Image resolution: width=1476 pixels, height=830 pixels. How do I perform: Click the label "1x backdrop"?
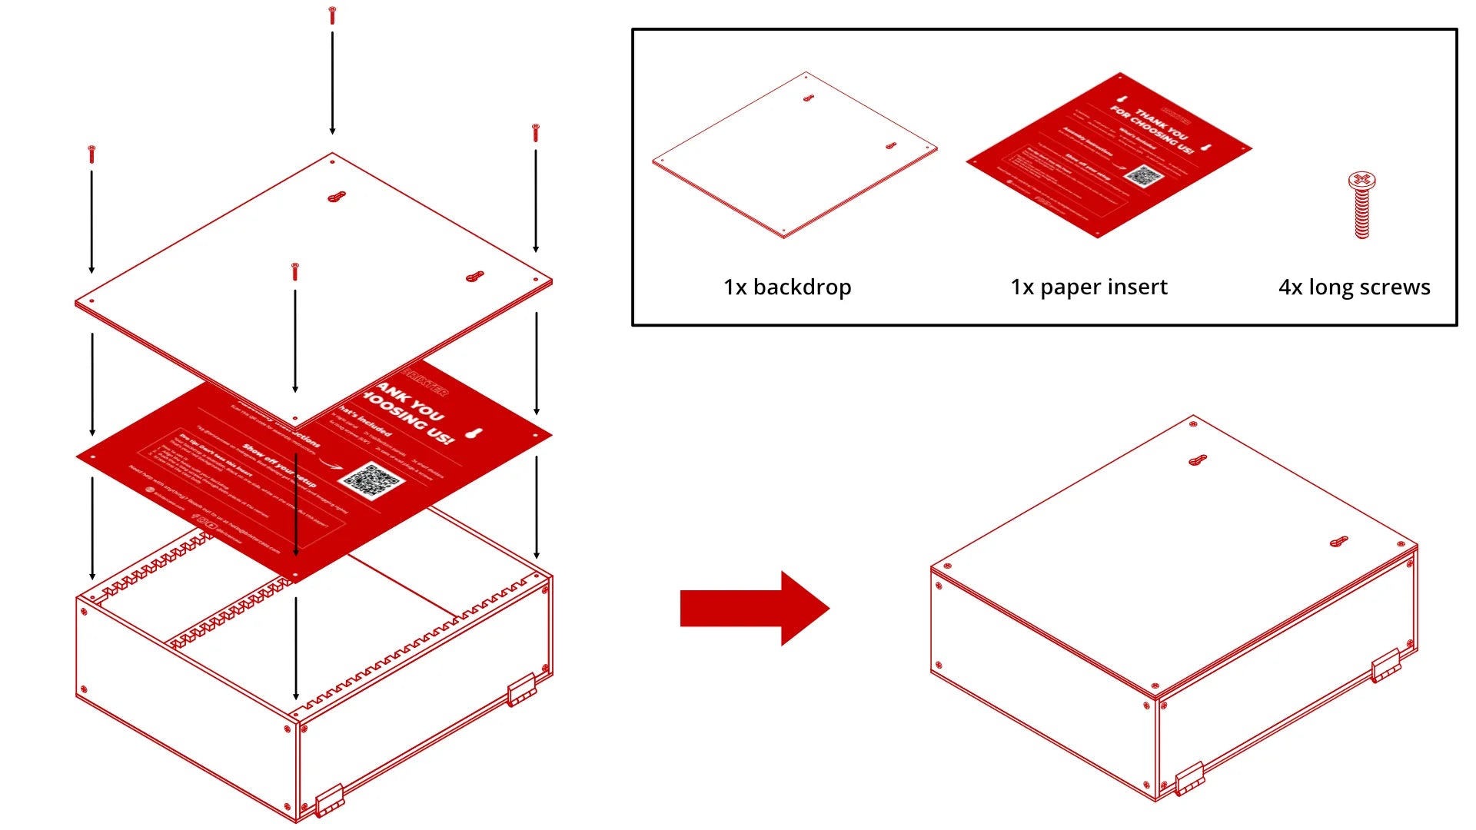pos(787,287)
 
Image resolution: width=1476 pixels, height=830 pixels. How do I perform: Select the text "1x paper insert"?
pos(1089,287)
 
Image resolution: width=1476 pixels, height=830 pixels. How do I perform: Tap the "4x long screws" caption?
pos(1354,287)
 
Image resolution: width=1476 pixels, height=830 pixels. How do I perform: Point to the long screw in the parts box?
pos(1361,204)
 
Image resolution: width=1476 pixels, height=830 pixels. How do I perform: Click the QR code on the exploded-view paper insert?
pos(372,480)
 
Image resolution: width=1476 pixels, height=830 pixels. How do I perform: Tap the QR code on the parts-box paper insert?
pos(1144,176)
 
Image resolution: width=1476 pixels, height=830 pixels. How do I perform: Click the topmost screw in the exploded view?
pos(332,15)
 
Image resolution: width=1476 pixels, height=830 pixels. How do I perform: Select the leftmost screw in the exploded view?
pos(91,153)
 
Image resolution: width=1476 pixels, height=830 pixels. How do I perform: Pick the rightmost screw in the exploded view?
pos(536,132)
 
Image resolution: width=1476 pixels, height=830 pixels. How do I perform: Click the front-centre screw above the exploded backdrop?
pos(294,271)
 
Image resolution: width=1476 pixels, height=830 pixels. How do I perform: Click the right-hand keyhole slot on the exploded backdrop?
pos(475,276)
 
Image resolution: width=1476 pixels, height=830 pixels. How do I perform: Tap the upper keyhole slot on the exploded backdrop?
pos(337,197)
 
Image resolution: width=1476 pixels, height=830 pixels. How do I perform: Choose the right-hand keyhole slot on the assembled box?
pos(1339,542)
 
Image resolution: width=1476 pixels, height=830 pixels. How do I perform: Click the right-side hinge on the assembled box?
pos(1386,666)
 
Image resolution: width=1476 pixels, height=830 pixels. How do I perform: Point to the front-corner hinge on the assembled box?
pos(1189,778)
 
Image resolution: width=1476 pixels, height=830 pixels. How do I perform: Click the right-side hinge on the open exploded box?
pos(521,689)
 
